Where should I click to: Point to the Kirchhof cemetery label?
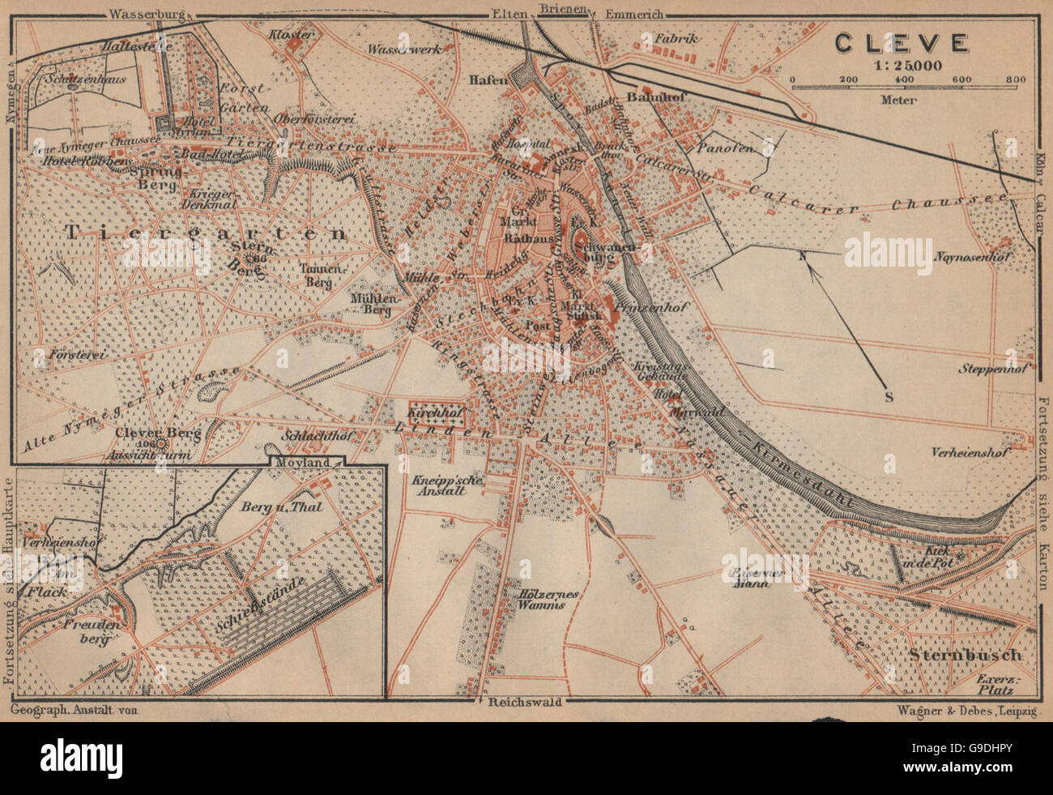point(437,413)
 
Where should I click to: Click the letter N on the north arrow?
point(802,258)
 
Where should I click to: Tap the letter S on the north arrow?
point(888,397)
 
